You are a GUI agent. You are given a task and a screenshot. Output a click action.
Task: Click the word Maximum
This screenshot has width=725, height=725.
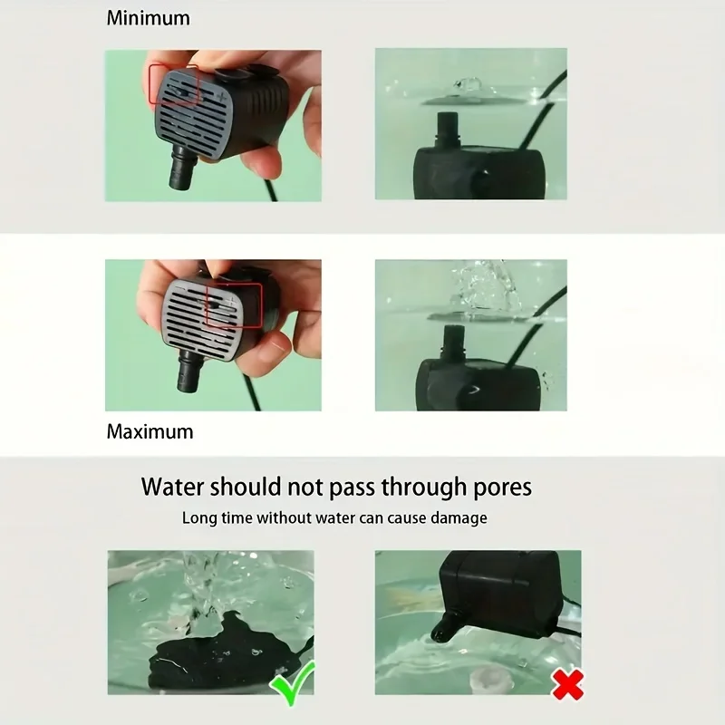click(x=150, y=431)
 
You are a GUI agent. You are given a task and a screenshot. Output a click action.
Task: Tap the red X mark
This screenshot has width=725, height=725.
click(x=567, y=685)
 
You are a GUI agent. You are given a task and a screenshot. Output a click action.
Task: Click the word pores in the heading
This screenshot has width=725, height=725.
click(x=498, y=488)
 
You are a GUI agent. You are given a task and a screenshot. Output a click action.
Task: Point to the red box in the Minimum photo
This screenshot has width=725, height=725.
click(x=174, y=83)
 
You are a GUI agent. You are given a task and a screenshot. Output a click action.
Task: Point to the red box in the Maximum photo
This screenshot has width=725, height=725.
click(x=234, y=303)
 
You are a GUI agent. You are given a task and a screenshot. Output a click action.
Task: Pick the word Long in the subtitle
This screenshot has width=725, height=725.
click(x=198, y=518)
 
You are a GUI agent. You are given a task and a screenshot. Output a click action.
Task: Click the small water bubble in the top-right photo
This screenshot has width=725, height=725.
click(x=469, y=84)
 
